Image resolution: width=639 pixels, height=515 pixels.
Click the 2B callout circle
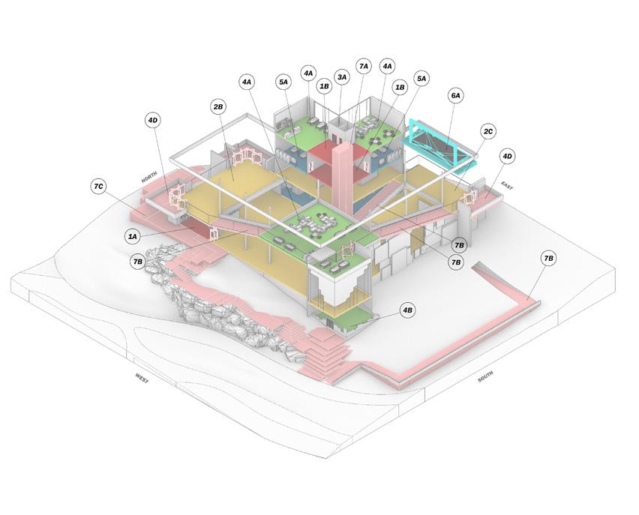tap(218, 107)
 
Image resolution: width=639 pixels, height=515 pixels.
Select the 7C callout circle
tap(98, 186)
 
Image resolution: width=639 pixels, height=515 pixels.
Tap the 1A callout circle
tap(133, 236)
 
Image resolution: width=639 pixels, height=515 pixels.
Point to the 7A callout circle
tap(364, 66)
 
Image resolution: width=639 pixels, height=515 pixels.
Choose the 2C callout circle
tap(488, 132)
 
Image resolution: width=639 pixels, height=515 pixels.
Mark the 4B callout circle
tap(407, 310)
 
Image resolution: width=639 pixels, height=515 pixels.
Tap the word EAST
tap(507, 185)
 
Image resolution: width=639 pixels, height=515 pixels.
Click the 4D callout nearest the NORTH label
tap(153, 120)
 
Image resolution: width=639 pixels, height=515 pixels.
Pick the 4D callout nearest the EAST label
tap(507, 156)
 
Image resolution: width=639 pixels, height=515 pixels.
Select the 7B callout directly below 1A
tap(137, 262)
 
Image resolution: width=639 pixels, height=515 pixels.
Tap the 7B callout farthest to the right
tap(548, 259)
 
